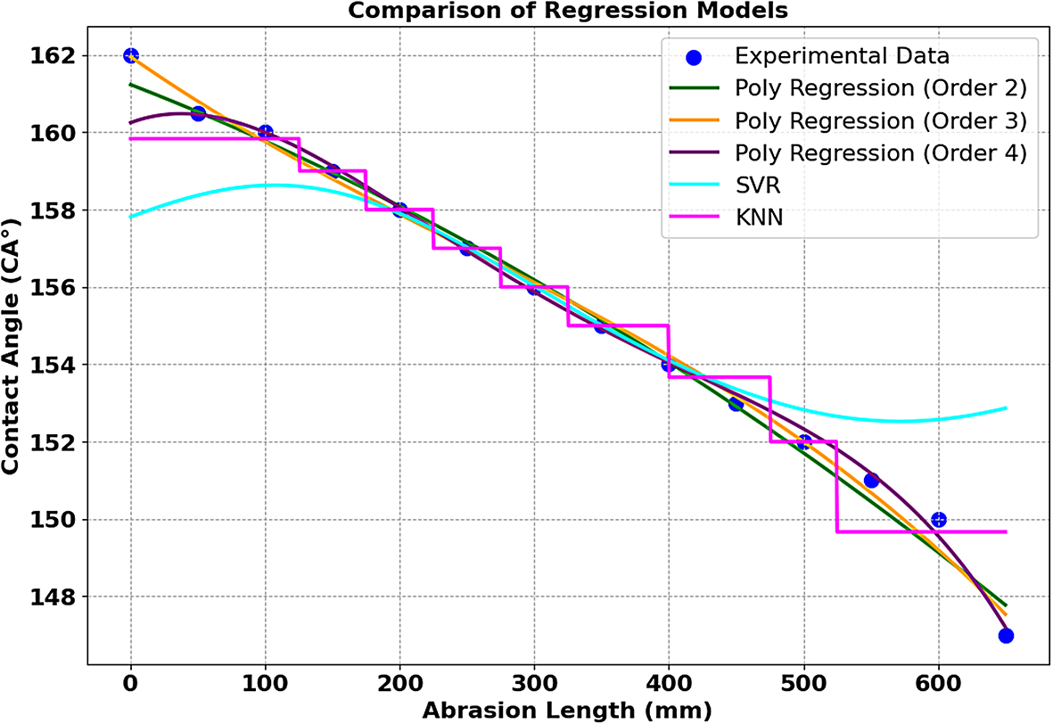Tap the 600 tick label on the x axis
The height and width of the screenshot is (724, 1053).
(x=938, y=685)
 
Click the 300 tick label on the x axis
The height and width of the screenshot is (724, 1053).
(x=534, y=685)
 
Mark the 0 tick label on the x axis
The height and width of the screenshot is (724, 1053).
(x=131, y=685)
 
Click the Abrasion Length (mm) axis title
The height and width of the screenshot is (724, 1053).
(x=568, y=711)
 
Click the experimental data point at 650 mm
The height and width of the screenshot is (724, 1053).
(x=1006, y=636)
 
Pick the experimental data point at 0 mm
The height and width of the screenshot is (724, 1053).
(x=131, y=55)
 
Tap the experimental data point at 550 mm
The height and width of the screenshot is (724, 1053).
(x=871, y=481)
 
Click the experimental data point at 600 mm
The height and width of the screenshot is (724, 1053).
(x=938, y=520)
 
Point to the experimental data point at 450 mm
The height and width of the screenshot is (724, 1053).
(x=736, y=404)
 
